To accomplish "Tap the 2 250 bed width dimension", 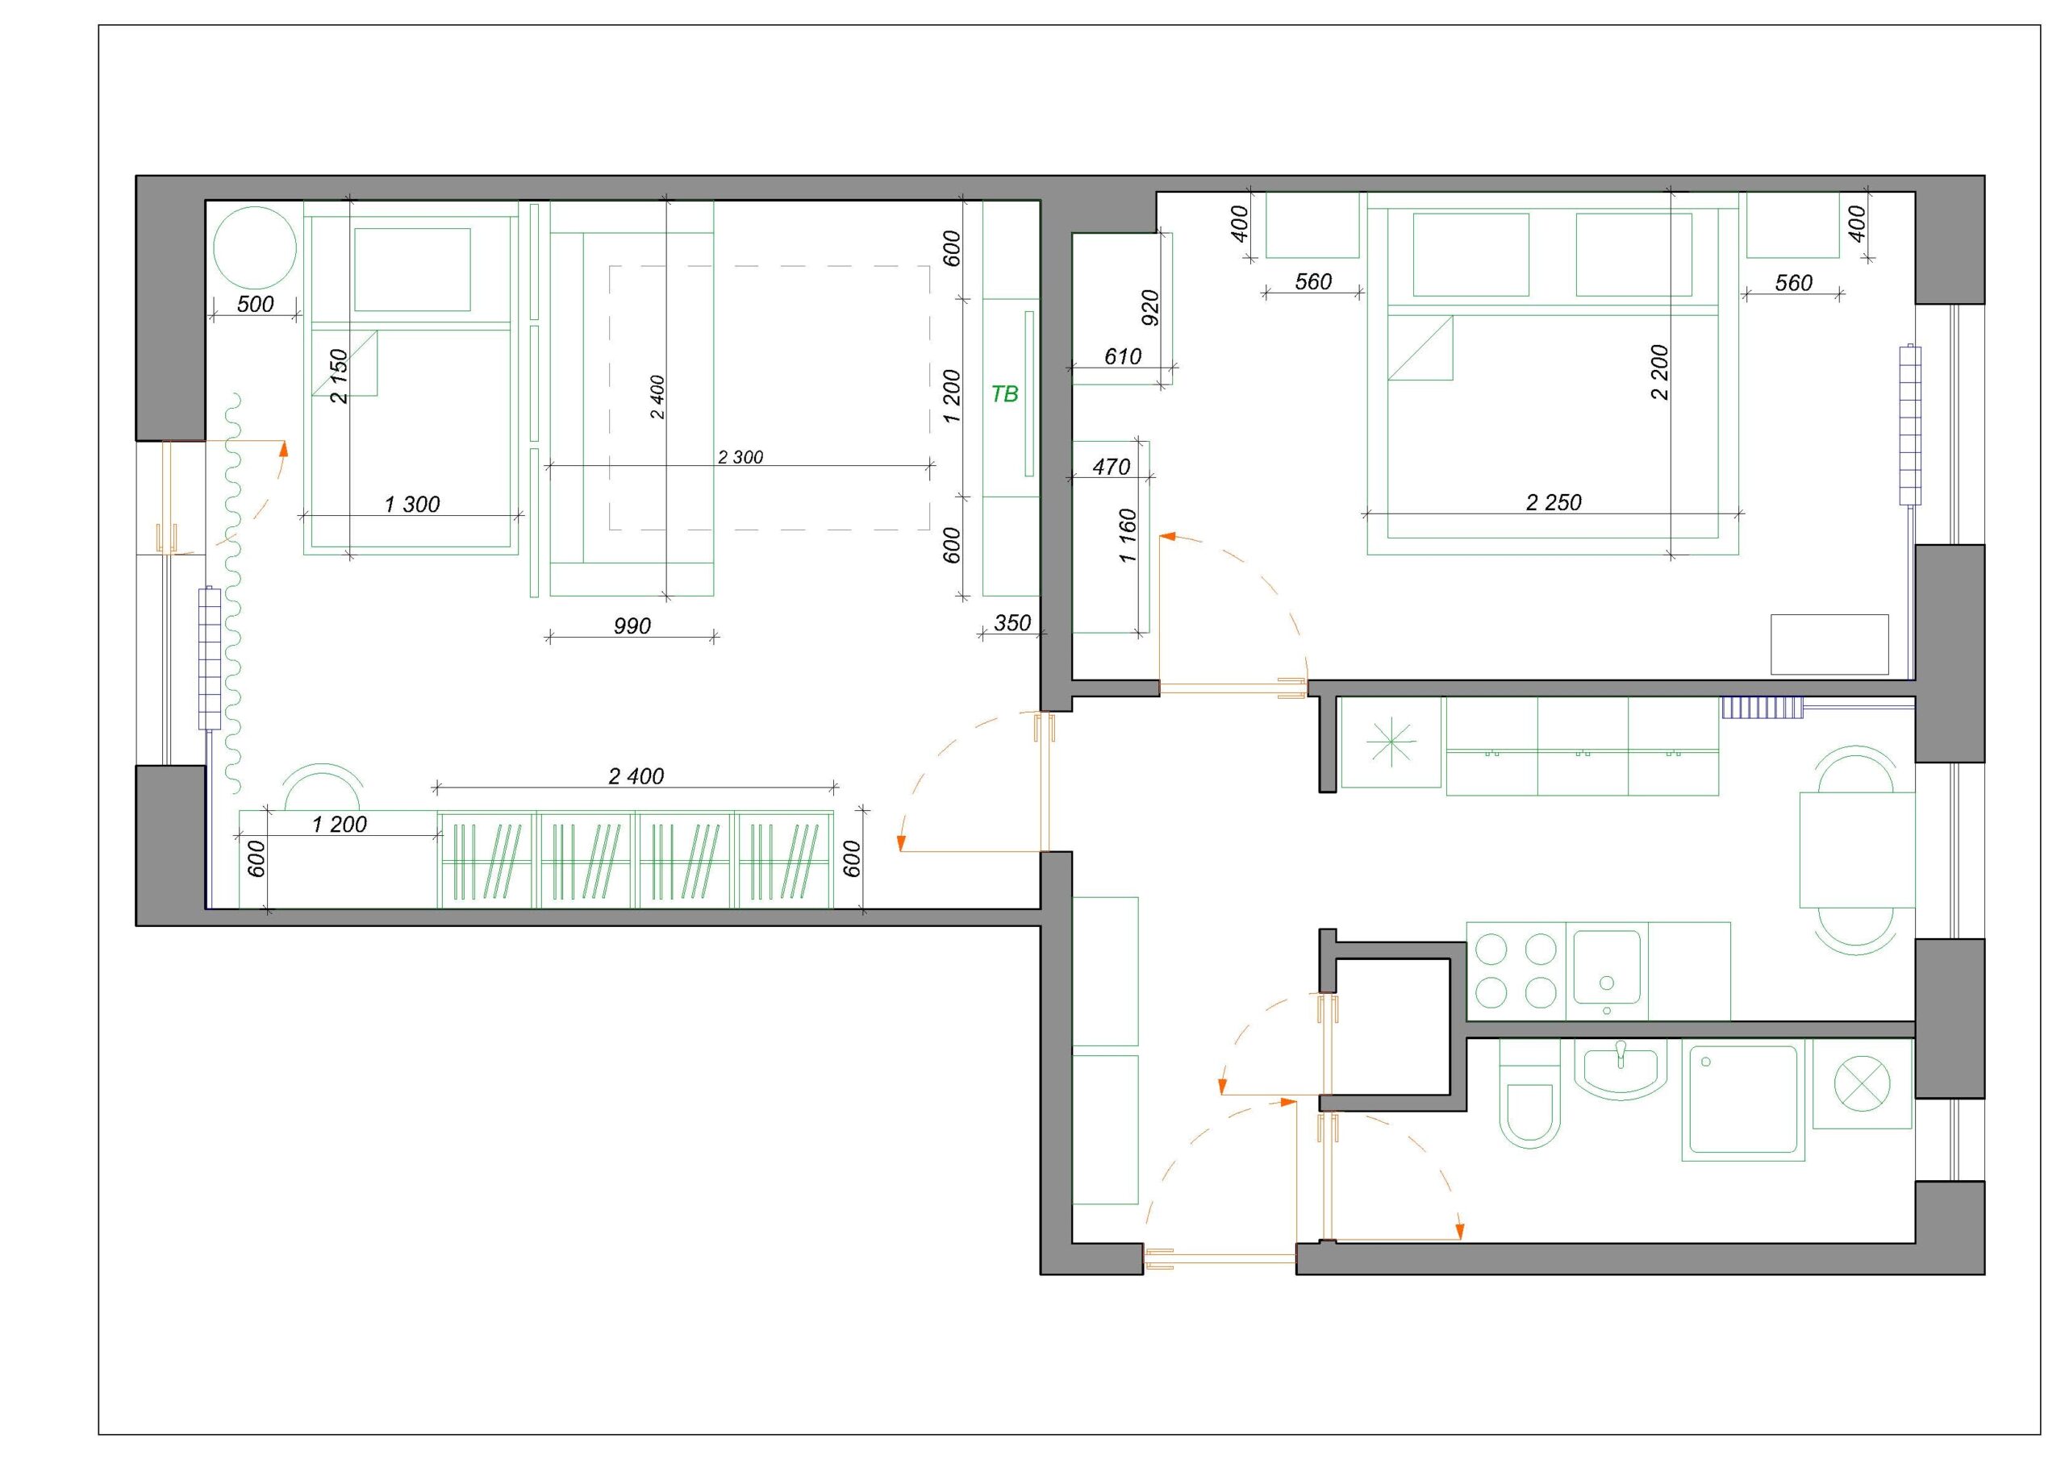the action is (1554, 502).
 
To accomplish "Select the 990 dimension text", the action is (632, 626).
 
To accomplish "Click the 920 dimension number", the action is (1149, 307).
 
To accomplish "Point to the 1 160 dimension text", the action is (1128, 536).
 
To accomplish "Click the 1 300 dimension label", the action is (412, 505).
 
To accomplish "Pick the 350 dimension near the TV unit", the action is (1012, 623).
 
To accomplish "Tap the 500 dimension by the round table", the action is (256, 304).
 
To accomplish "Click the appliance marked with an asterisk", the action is (1391, 743).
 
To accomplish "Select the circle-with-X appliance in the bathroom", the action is (1862, 1083).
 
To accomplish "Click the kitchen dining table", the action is (1856, 850).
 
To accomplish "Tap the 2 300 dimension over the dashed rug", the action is (740, 458).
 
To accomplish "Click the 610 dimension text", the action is (1122, 357).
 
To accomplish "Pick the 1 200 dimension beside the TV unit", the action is (953, 396).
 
